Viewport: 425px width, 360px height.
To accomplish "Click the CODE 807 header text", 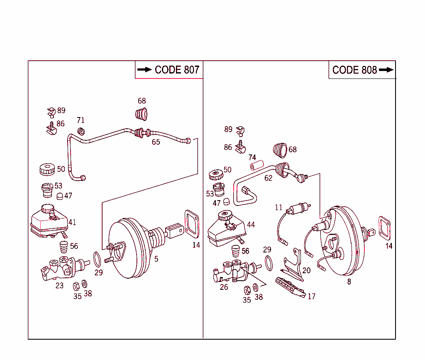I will [x=176, y=70].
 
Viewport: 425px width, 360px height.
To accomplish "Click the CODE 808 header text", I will [x=354, y=70].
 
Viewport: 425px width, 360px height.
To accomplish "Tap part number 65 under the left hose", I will [x=156, y=142].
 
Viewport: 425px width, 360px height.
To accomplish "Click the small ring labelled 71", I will [x=81, y=132].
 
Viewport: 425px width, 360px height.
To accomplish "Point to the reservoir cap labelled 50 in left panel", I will [x=46, y=169].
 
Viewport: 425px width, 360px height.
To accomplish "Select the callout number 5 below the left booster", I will [x=156, y=259].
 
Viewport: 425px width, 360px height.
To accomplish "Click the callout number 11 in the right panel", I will [x=278, y=207].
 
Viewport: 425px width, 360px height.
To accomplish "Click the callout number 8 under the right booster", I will [x=349, y=282].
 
